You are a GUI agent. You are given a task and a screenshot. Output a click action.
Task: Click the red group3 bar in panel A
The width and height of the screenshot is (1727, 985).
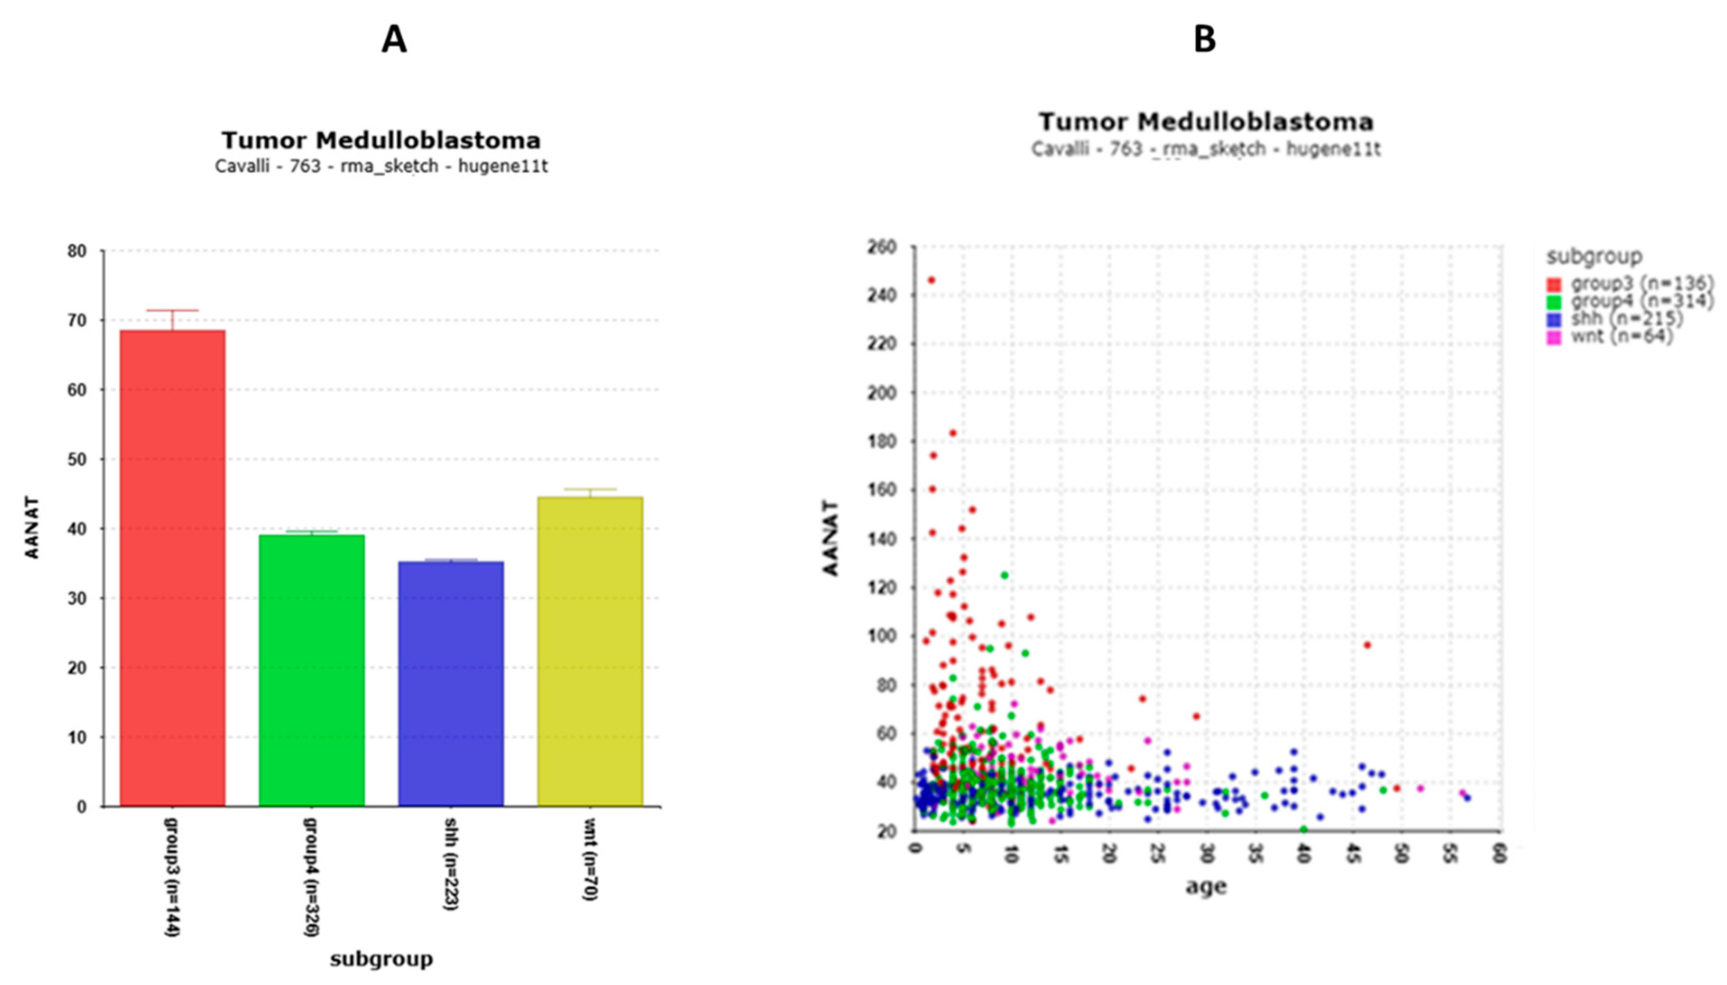172,568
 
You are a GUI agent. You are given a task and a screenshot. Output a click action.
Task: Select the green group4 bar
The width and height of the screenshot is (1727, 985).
312,670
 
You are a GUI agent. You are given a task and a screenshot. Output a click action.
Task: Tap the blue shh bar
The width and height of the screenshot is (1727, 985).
451,683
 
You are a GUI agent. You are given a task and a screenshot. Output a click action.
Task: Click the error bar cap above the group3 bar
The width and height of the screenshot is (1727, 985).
172,310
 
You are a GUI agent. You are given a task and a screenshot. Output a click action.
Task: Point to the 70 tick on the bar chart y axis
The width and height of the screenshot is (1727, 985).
78,321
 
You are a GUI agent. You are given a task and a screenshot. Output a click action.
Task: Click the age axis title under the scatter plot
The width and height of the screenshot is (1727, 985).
1205,886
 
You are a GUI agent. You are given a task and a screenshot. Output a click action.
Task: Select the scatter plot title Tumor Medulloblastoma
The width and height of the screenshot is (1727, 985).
1205,122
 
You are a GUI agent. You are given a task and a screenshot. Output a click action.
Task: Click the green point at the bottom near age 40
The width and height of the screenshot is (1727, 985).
1304,829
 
